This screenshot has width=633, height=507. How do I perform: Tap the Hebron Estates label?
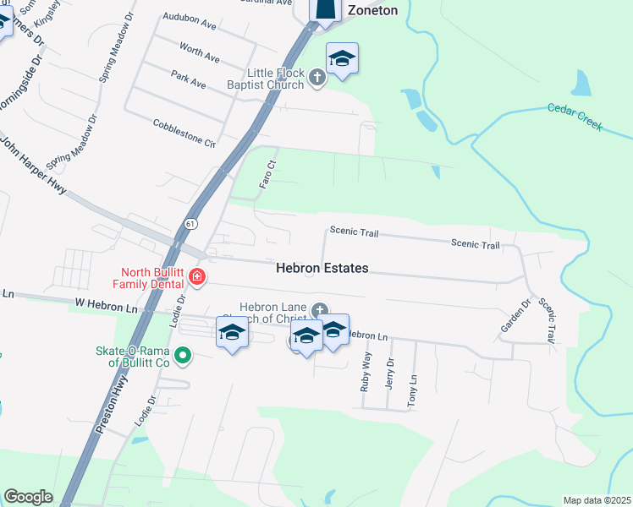[x=322, y=268]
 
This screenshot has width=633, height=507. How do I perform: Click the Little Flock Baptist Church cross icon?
[x=317, y=78]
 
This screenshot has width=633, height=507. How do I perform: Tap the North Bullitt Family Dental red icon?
[x=196, y=277]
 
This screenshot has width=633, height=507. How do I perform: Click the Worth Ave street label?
[x=201, y=53]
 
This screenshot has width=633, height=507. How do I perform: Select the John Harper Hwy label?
[x=34, y=166]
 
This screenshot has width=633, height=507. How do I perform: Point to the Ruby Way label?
[x=366, y=369]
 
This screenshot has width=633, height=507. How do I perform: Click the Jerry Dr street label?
[x=389, y=373]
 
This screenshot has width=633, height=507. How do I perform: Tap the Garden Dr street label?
[x=526, y=314]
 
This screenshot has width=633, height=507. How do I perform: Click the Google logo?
[x=28, y=497]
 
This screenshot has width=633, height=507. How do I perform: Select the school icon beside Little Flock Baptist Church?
[x=343, y=59]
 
